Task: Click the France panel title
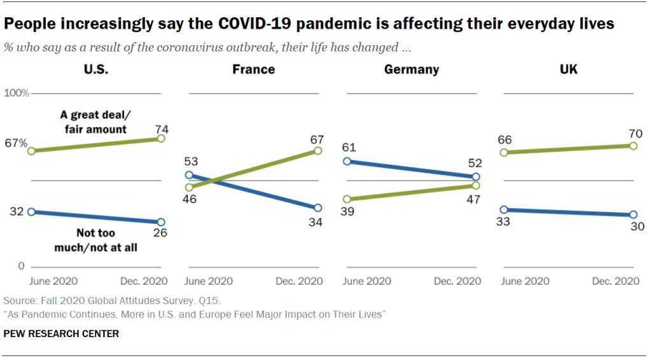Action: [x=253, y=69]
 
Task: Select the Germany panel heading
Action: [x=411, y=69]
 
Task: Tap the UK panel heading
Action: [x=568, y=69]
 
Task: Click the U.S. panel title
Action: [x=96, y=69]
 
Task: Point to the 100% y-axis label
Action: [x=17, y=93]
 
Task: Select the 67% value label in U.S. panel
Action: [x=15, y=144]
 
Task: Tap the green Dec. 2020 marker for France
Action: [x=318, y=151]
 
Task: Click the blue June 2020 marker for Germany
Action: [x=346, y=161]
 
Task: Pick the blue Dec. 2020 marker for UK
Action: [x=633, y=215]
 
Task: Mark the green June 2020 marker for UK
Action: [x=503, y=153]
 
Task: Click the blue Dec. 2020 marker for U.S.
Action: [x=161, y=222]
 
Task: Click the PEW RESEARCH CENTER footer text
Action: [x=61, y=333]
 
